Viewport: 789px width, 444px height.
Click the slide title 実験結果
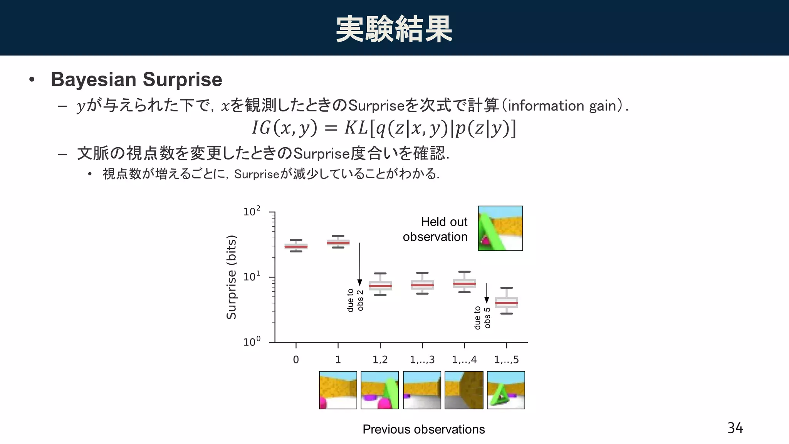pyautogui.click(x=394, y=29)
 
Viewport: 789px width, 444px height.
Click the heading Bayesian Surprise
pyautogui.click(x=136, y=79)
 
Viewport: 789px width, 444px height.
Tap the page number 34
pyautogui.click(x=735, y=428)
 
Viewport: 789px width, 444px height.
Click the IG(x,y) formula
pyautogui.click(x=384, y=128)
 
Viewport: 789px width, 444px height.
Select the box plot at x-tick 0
pyautogui.click(x=296, y=246)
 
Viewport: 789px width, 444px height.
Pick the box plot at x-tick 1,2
pyautogui.click(x=380, y=285)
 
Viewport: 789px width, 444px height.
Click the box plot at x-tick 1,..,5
pyautogui.click(x=506, y=302)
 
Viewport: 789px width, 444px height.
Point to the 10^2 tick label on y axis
pyautogui.click(x=252, y=212)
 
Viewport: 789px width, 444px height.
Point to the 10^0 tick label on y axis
pyautogui.click(x=252, y=341)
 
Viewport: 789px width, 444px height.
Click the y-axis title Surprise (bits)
pyautogui.click(x=231, y=277)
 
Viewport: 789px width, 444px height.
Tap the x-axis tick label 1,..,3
pyautogui.click(x=422, y=360)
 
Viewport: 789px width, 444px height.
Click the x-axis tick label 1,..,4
pyautogui.click(x=464, y=360)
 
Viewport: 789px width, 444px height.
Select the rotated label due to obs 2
pyautogui.click(x=355, y=300)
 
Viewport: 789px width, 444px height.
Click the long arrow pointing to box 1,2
pyautogui.click(x=360, y=264)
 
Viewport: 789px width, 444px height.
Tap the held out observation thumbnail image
pyautogui.click(x=500, y=228)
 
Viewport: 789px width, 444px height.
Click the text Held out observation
pyautogui.click(x=435, y=229)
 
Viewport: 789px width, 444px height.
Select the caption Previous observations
pyautogui.click(x=423, y=429)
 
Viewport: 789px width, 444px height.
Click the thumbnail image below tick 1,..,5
pyautogui.click(x=506, y=390)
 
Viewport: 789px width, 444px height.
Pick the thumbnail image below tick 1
pyautogui.click(x=338, y=390)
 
